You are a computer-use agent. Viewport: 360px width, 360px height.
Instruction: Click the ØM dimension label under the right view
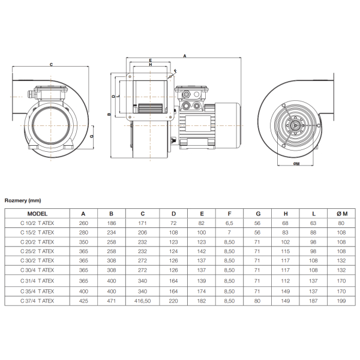click(x=296, y=164)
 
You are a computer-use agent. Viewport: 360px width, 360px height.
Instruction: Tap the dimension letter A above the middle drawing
click(x=185, y=56)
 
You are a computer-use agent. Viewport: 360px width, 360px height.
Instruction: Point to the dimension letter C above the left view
click(x=51, y=65)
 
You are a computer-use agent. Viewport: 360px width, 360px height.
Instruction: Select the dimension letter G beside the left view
click(x=92, y=136)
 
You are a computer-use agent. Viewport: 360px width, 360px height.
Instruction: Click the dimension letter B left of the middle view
click(x=109, y=114)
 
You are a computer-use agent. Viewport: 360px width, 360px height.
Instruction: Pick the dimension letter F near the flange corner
click(x=176, y=71)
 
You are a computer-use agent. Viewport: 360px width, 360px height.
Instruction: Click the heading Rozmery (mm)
click(x=23, y=200)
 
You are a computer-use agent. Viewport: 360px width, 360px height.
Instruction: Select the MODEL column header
click(x=37, y=214)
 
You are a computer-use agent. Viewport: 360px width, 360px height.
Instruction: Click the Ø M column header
click(x=342, y=214)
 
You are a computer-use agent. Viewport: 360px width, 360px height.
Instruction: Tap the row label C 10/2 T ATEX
click(x=37, y=223)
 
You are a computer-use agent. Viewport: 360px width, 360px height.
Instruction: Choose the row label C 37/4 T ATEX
click(x=37, y=301)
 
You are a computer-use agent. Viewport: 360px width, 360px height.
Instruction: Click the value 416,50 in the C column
click(x=143, y=301)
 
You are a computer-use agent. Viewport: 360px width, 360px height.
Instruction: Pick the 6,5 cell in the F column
click(x=229, y=223)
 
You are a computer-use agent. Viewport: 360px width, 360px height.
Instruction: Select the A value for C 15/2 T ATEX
click(x=83, y=233)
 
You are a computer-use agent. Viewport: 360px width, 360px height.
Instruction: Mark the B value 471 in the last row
click(x=112, y=301)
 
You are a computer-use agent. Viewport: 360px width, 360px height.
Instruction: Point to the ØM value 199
click(x=341, y=301)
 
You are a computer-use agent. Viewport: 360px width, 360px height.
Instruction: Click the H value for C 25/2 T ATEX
click(x=286, y=251)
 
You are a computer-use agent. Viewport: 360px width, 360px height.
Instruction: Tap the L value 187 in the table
click(x=313, y=301)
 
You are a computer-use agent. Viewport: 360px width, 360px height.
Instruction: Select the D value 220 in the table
click(x=173, y=301)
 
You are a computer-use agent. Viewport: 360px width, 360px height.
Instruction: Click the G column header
click(x=258, y=214)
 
